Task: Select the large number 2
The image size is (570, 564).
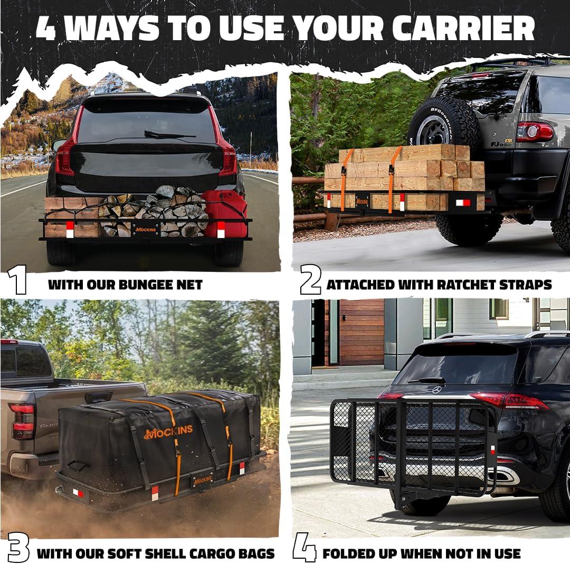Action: pos(310,279)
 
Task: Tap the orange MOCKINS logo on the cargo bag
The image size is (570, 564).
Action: pos(169,431)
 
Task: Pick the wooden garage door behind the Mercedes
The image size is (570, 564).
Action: pos(361,332)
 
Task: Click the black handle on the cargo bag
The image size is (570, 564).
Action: pos(78,466)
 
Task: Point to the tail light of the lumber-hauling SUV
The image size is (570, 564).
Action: pos(535,131)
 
